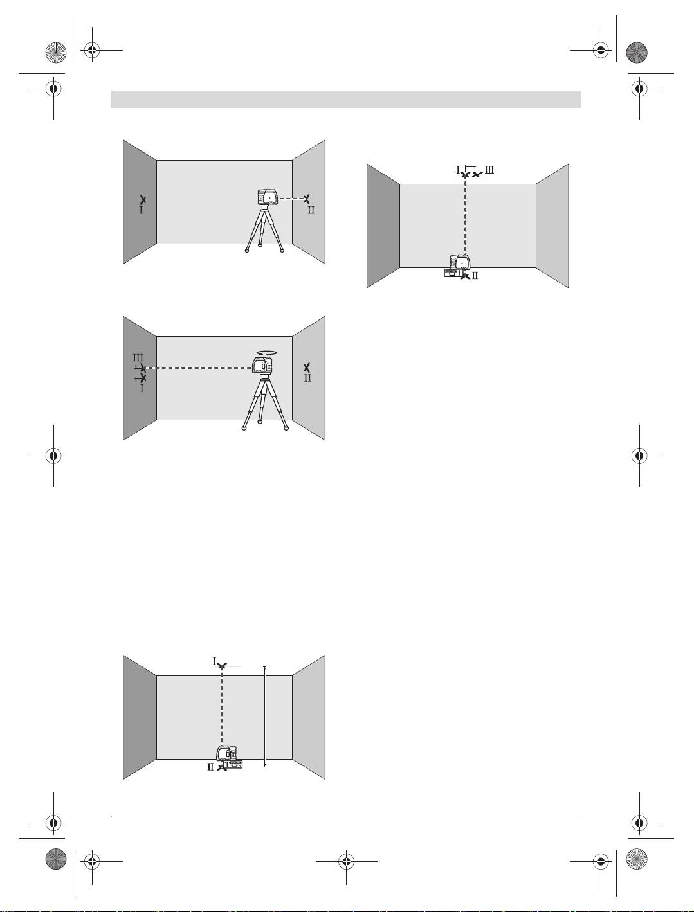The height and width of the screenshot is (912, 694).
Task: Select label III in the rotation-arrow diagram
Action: point(138,357)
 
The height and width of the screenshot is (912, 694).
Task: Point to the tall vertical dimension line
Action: point(264,717)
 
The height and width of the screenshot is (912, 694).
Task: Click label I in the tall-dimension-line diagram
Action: point(214,661)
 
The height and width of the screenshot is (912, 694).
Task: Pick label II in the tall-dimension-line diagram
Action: point(210,767)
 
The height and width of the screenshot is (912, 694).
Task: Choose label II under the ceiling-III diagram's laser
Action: point(475,276)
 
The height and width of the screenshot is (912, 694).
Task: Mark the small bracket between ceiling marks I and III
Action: point(471,166)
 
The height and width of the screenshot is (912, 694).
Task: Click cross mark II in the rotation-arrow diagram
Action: point(307,367)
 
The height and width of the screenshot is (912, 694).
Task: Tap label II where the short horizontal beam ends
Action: point(311,210)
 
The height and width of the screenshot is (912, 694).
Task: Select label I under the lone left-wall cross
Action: point(141,210)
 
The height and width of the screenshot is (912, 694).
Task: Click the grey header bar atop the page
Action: point(346,99)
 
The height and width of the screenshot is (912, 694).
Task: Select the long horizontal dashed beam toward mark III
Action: point(199,368)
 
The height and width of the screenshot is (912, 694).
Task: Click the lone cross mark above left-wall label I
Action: point(143,199)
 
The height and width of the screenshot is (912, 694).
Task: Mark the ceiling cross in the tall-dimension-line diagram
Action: point(223,666)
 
